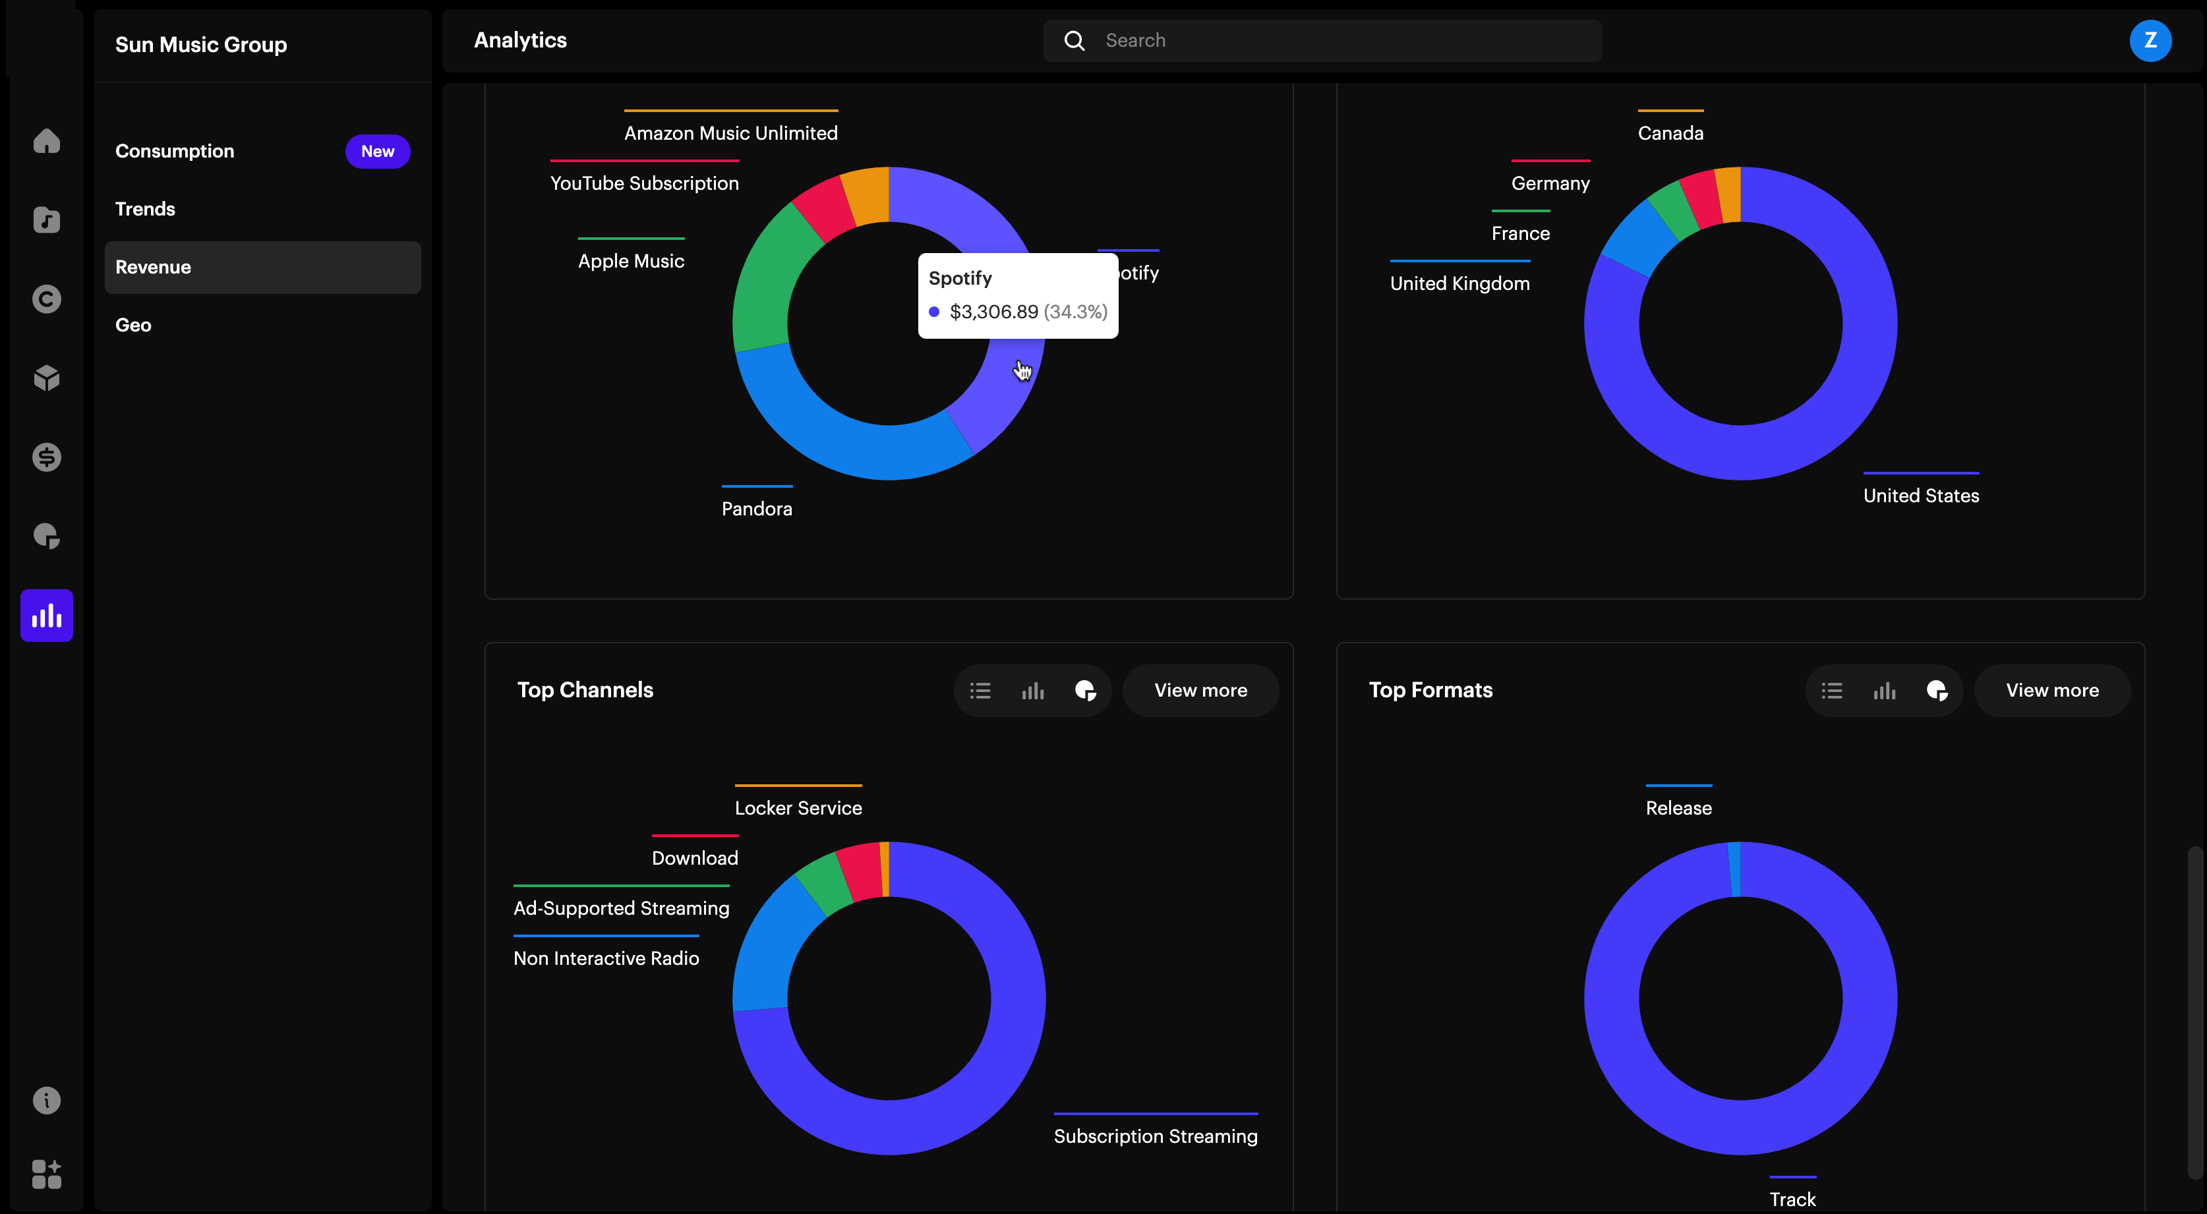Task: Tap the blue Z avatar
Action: tap(2149, 40)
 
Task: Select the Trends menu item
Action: tap(145, 209)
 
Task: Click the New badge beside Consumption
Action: tap(377, 151)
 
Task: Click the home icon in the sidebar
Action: tap(46, 140)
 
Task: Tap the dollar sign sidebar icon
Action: tap(46, 457)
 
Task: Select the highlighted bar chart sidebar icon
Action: tap(46, 615)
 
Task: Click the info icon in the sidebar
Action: tap(46, 1100)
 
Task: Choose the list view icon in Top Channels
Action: tap(980, 691)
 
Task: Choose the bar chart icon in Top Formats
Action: tap(1884, 691)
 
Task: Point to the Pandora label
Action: tap(757, 509)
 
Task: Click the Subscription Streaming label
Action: tap(1155, 1136)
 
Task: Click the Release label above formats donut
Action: tap(1678, 808)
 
